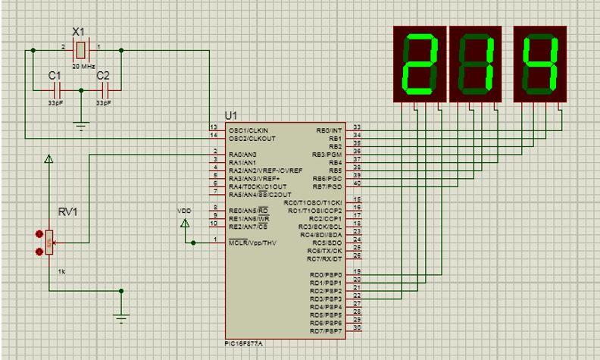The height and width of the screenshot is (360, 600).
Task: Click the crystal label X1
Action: coord(78,33)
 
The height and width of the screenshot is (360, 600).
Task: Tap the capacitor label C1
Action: coord(55,76)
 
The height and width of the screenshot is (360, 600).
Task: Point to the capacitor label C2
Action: coord(103,76)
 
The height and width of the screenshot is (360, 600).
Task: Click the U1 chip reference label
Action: coord(231,115)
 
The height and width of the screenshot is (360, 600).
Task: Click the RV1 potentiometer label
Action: coord(67,212)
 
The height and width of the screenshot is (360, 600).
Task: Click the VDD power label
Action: coord(184,210)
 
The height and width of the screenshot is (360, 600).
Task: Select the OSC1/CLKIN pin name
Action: coord(248,130)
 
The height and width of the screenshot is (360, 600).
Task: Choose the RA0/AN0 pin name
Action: coord(242,154)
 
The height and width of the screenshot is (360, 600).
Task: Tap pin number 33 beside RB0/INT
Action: coord(357,127)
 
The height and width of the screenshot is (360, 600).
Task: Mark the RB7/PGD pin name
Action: coord(329,186)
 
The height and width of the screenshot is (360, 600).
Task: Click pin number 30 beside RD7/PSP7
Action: coord(357,327)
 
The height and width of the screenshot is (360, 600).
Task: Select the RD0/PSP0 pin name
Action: coord(326,274)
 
